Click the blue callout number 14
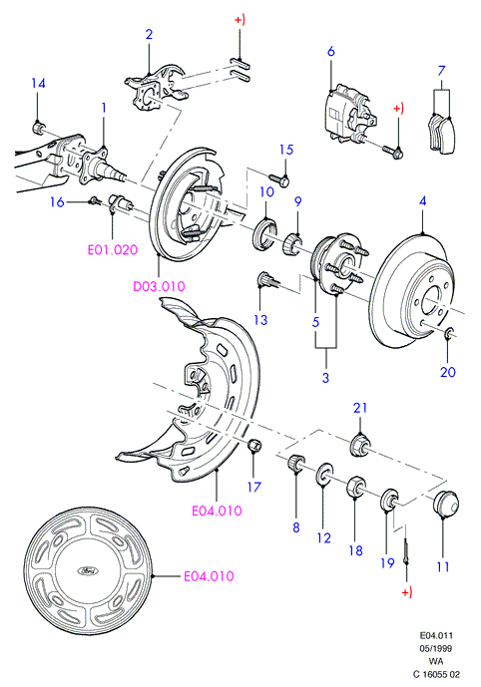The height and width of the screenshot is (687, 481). tap(39, 83)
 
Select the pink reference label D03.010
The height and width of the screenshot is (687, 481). tap(159, 286)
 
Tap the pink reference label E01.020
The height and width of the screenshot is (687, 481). tap(113, 250)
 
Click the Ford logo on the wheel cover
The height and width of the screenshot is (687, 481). tap(88, 570)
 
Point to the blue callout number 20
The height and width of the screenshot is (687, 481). tap(448, 372)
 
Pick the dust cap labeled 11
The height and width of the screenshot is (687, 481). tap(445, 505)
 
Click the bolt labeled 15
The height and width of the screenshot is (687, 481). tap(278, 179)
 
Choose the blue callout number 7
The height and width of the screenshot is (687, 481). tap(441, 71)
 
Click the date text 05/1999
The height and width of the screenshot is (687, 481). tap(436, 648)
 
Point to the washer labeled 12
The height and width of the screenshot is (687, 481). tap(323, 474)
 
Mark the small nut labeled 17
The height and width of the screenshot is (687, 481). tap(254, 445)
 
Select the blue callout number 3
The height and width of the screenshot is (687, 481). tap(325, 378)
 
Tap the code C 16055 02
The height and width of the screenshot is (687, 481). tap(437, 674)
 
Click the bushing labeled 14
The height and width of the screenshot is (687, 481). tap(39, 128)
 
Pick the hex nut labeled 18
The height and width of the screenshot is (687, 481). tap(355, 488)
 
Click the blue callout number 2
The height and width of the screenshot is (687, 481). tap(149, 34)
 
